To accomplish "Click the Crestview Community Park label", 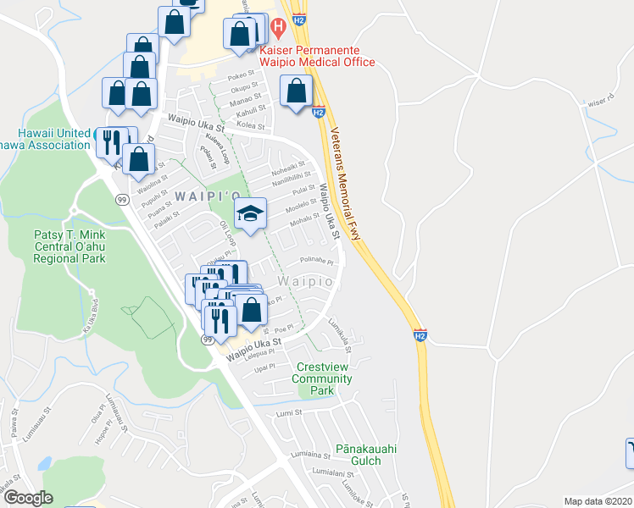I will pyautogui.click(x=321, y=378).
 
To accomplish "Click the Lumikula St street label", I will pyautogui.click(x=341, y=329).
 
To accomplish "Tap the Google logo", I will pyautogui.click(x=28, y=498).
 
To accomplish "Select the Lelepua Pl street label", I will pyautogui.click(x=259, y=356).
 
